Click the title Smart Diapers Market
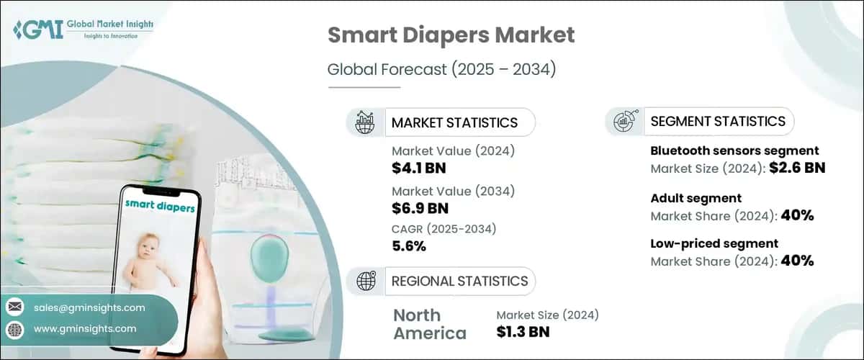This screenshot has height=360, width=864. tap(451, 35)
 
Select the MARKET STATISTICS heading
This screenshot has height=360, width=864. tap(454, 122)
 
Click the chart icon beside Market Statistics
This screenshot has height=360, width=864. tap(365, 122)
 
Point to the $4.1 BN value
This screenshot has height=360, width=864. tap(420, 167)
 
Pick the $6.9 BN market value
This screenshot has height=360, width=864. tap(420, 209)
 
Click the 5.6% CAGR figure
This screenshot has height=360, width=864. tap(409, 246)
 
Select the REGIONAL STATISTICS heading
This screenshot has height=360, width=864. tap(459, 281)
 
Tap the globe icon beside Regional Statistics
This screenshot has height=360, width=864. tap(365, 281)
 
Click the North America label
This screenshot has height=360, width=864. tap(430, 324)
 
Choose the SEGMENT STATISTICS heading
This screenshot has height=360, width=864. tap(718, 121)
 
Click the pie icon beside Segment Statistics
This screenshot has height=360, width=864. tap(624, 122)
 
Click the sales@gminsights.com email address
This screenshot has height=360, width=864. tap(89, 307)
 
